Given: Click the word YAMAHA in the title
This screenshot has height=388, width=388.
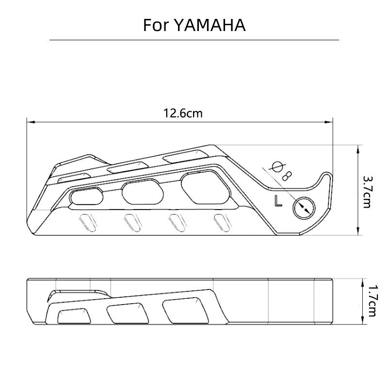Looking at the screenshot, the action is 210,25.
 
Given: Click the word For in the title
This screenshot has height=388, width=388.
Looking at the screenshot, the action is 156,25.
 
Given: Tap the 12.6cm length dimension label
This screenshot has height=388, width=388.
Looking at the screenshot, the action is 183,113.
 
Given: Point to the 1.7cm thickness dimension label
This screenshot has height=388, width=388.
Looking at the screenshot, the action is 372,301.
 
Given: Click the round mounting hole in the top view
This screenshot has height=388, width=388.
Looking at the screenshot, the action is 304,208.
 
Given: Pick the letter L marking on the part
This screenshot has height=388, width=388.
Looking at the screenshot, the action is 278,201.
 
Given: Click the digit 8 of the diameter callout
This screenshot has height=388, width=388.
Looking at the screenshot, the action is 288,176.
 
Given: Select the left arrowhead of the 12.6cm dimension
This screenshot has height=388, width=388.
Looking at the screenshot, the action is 31,122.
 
